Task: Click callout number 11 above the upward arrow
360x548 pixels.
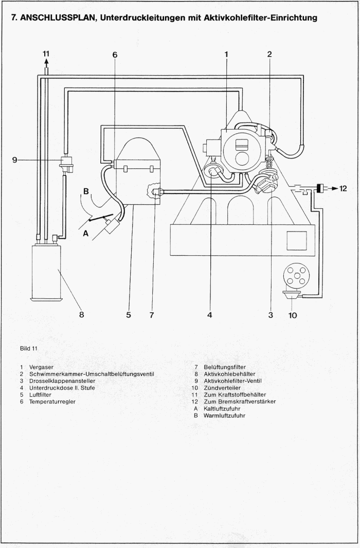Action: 46,53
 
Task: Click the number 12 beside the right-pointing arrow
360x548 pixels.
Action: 344,188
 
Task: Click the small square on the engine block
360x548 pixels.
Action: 296,240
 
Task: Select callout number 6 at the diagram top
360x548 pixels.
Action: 115,55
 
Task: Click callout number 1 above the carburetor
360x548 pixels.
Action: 226,54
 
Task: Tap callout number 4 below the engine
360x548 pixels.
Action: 210,315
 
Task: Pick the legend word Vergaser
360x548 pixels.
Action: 41,367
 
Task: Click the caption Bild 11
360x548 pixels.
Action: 29,348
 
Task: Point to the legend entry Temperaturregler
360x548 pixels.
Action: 52,401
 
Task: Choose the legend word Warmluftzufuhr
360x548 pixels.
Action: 225,415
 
